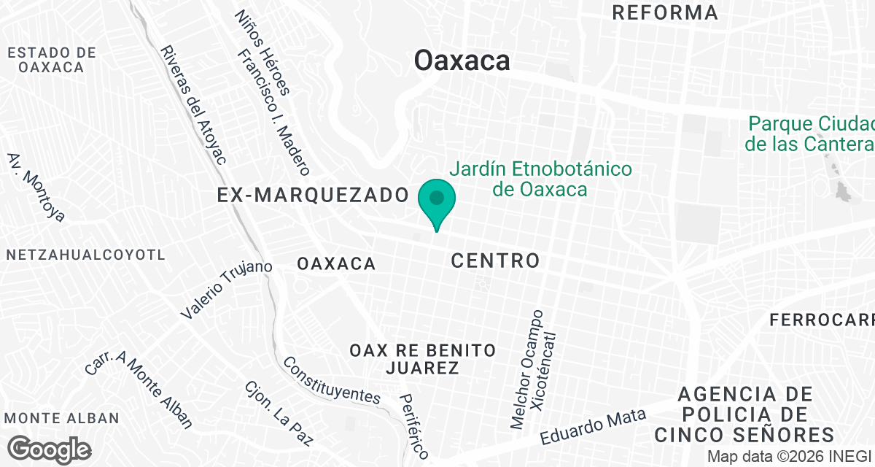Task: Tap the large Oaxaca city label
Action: point(462,61)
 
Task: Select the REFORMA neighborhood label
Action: point(665,12)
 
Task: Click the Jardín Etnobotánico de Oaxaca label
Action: point(540,180)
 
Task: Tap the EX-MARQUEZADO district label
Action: point(312,195)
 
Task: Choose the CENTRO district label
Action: point(495,260)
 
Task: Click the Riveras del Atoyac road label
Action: point(194,105)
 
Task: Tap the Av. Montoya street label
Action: point(36,187)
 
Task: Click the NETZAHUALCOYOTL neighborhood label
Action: point(86,255)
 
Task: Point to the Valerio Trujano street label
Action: point(227,289)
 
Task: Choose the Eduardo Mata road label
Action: point(593,427)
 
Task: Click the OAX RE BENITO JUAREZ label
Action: point(423,359)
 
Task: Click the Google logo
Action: point(50,448)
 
